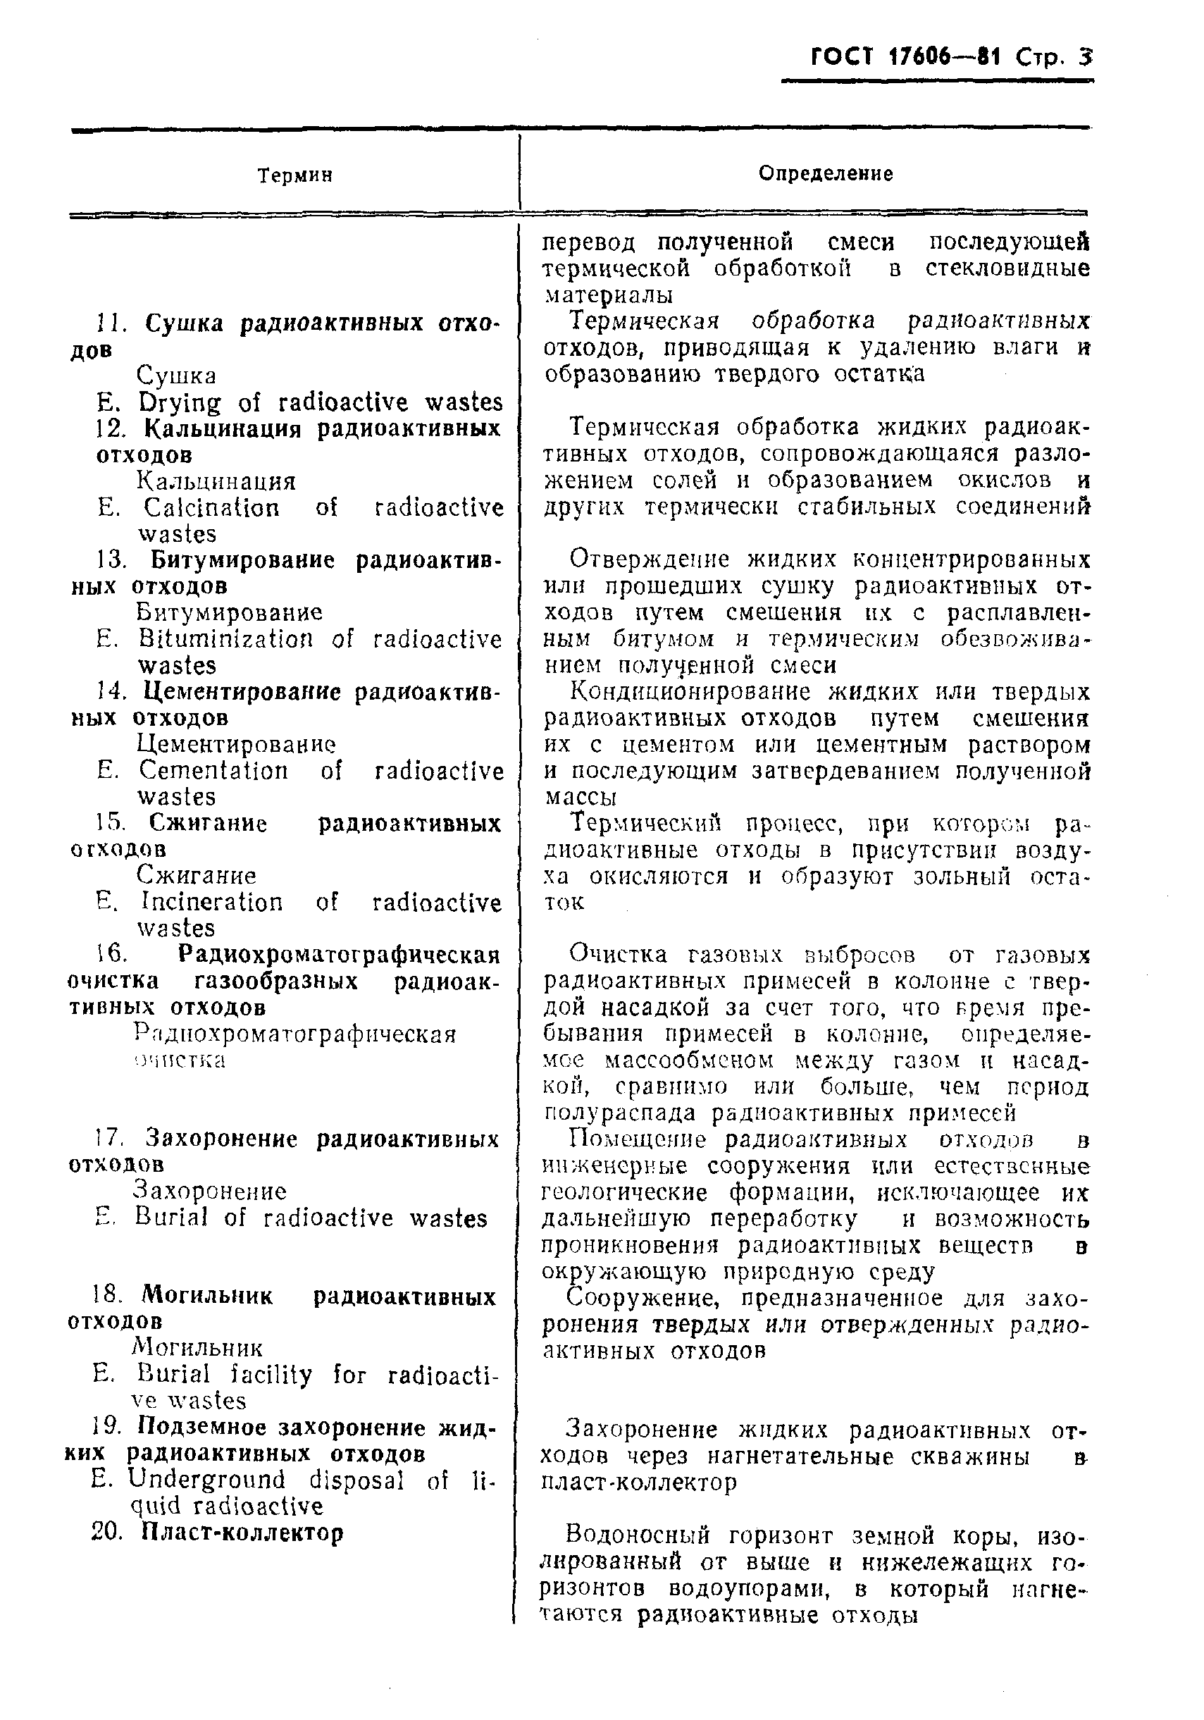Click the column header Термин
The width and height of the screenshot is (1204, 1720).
[x=294, y=176]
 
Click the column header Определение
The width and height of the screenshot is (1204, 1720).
[x=825, y=175]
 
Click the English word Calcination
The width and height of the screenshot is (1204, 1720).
[x=211, y=508]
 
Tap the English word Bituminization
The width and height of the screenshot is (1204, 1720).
[x=225, y=639]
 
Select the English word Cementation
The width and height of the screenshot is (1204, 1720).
[x=213, y=770]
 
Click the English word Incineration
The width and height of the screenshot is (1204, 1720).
[x=211, y=902]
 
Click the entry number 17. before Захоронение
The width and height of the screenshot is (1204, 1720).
[x=108, y=1139]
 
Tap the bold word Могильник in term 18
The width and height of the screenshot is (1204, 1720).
[x=208, y=1296]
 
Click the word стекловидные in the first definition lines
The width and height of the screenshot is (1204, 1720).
[x=1007, y=268]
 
